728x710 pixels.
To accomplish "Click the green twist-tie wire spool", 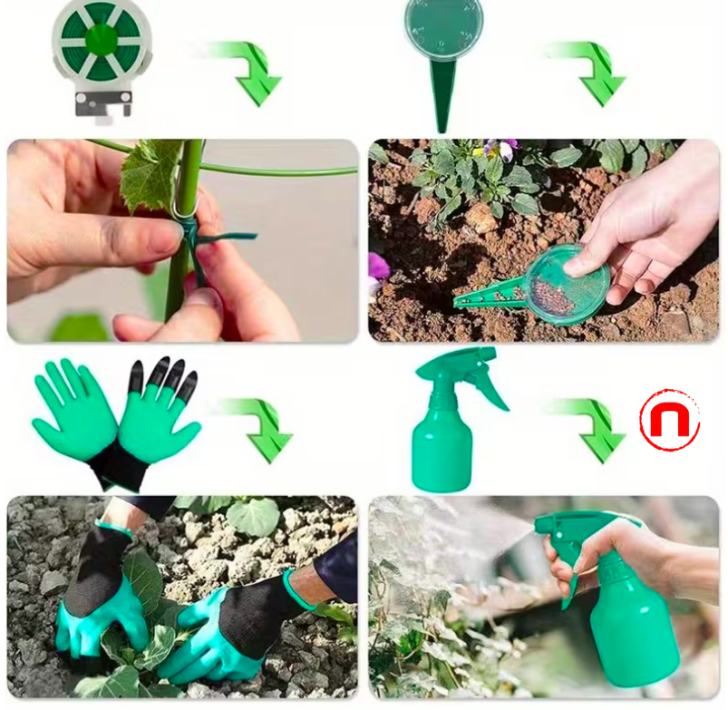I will click(102, 41).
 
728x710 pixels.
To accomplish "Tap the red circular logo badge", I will click(669, 420).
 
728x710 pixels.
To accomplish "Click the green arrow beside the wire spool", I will click(250, 71).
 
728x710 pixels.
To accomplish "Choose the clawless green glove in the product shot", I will click(75, 413).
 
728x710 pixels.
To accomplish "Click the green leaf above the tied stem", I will click(150, 172).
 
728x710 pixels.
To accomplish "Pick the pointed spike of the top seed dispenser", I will click(442, 100).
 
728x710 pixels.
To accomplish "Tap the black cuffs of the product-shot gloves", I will click(118, 462).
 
